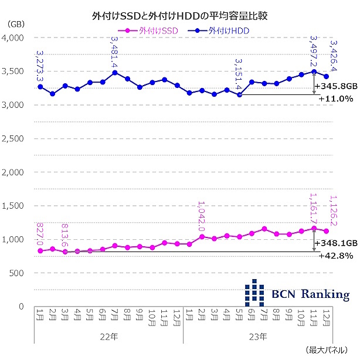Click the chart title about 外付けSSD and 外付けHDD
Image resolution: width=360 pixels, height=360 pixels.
click(179, 13)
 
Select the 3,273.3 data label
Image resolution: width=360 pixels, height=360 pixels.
click(40, 65)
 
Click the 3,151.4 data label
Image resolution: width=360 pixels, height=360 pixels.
click(239, 75)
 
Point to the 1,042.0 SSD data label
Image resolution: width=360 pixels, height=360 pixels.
click(201, 215)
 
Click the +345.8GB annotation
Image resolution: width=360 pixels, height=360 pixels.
click(336, 86)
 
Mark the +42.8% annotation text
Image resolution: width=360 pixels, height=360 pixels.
click(336, 256)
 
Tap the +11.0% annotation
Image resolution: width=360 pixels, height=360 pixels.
click(336, 99)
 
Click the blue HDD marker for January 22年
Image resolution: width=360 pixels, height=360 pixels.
click(40, 87)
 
